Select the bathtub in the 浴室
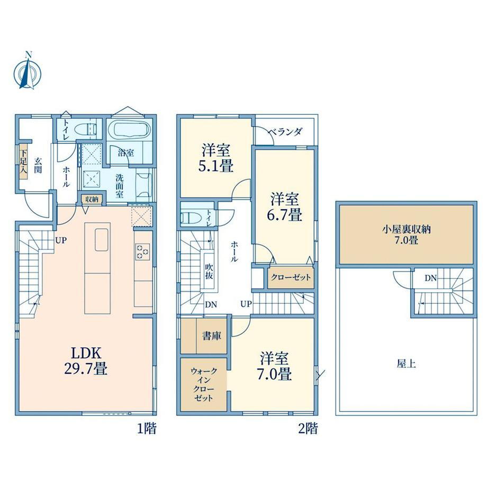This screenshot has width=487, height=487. (130, 130)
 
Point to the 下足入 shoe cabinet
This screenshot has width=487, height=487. (24, 161)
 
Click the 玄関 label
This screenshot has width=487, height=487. (38, 165)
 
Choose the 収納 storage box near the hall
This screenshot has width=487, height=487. (92, 199)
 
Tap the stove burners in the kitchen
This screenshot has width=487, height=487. (142, 251)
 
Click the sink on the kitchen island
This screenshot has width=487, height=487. (101, 239)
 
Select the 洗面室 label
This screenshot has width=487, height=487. (120, 186)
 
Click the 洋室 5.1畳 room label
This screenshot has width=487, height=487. (215, 158)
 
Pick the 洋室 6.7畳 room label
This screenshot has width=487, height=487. (284, 206)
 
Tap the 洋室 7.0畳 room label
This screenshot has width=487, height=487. (274, 366)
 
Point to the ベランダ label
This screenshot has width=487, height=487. (285, 132)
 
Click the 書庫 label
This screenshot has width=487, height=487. (212, 336)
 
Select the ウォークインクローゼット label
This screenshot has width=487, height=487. (204, 384)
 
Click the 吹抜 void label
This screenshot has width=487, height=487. (209, 271)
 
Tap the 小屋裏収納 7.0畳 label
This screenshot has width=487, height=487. (406, 235)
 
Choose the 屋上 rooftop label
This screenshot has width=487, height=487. (406, 364)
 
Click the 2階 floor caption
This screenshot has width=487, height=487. (308, 429)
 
